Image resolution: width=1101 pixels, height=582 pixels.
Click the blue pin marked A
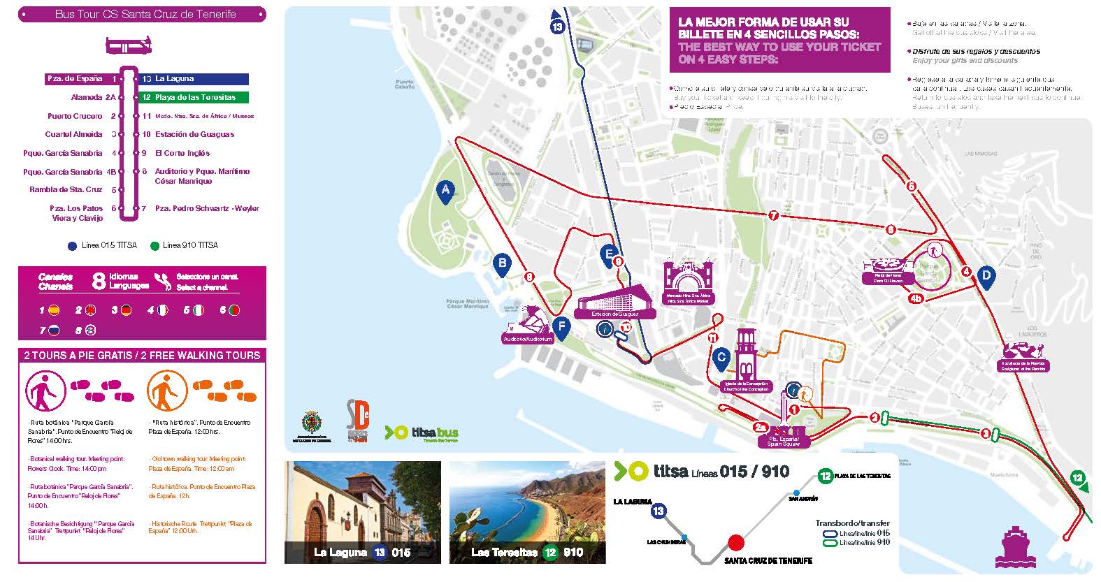click(445, 190)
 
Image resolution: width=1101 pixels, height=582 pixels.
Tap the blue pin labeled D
click(986, 276)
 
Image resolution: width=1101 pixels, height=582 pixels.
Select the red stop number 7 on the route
click(773, 216)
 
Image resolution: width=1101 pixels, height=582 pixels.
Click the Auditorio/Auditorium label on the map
click(528, 339)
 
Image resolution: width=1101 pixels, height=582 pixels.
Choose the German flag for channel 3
click(126, 310)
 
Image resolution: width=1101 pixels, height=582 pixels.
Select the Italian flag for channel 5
click(199, 310)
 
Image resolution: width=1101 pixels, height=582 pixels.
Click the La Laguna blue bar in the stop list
click(194, 79)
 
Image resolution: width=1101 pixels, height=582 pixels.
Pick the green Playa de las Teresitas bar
click(194, 98)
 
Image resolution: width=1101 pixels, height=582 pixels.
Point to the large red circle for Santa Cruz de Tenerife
click(735, 542)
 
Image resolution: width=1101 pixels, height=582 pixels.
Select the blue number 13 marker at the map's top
click(557, 27)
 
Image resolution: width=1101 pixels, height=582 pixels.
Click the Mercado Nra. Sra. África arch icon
click(689, 277)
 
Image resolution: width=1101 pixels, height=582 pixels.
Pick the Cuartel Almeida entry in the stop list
click(73, 135)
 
